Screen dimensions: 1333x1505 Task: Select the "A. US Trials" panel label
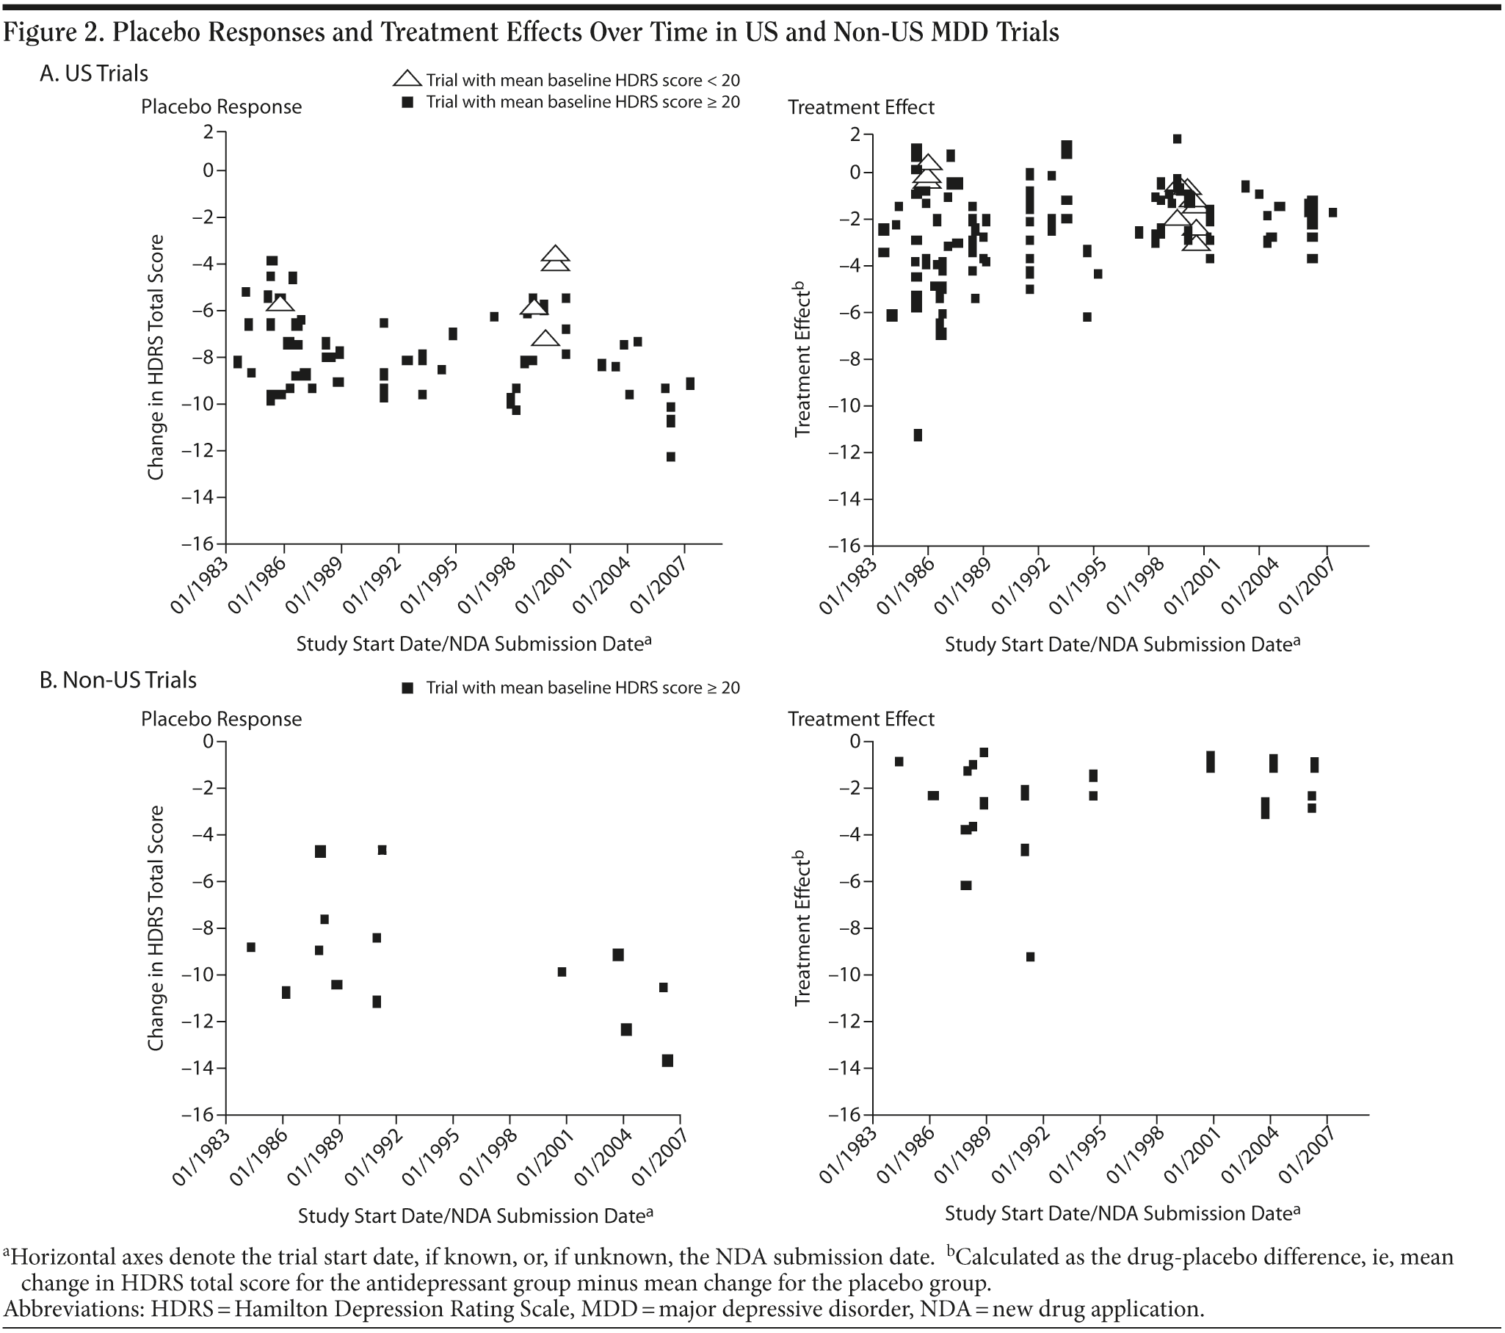click(93, 73)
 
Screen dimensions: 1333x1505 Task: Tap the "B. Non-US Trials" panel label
click(117, 679)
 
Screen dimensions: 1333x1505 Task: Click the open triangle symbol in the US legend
click(407, 79)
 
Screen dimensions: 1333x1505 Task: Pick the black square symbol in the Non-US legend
click(407, 688)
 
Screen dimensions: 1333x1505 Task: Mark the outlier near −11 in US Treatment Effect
click(918, 436)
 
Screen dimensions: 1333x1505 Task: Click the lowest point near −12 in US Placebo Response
click(671, 457)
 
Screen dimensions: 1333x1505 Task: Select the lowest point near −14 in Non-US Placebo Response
click(668, 1061)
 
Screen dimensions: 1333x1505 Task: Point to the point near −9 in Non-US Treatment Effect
click(1030, 957)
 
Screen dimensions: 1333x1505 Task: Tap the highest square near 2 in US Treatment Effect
click(1178, 139)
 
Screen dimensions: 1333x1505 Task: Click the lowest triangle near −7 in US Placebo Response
click(545, 339)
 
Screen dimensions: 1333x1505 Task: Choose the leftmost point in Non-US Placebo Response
click(250, 947)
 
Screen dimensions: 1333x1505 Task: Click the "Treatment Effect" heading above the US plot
click(860, 107)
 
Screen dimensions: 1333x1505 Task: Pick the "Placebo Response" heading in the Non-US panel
click(221, 719)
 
